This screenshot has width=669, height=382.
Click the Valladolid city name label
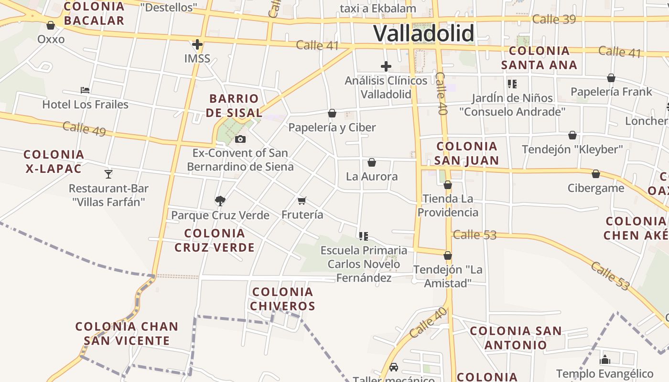pyautogui.click(x=423, y=33)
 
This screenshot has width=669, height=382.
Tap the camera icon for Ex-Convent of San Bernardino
pyautogui.click(x=240, y=139)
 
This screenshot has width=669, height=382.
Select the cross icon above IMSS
pyautogui.click(x=197, y=44)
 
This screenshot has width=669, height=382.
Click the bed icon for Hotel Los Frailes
pyautogui.click(x=85, y=90)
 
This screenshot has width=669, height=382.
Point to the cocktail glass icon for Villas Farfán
pyautogui.click(x=108, y=174)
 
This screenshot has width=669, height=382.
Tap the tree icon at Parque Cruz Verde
pyautogui.click(x=220, y=201)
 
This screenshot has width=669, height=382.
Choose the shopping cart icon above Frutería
pyautogui.click(x=302, y=201)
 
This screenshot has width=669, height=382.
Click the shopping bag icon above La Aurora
pyautogui.click(x=372, y=162)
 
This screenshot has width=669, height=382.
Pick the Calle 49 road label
pyautogui.click(x=84, y=128)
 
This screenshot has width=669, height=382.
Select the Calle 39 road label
pyautogui.click(x=554, y=19)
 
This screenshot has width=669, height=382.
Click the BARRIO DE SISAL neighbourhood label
pyautogui.click(x=236, y=106)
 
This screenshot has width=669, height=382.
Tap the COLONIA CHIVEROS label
pyautogui.click(x=282, y=298)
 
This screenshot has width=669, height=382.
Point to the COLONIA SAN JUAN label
pyautogui.click(x=467, y=153)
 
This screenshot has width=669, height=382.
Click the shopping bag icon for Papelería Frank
pyautogui.click(x=611, y=77)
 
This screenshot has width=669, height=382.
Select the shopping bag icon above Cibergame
pyautogui.click(x=595, y=174)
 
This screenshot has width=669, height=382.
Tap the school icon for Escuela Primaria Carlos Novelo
pyautogui.click(x=364, y=236)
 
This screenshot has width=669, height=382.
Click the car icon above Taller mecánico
pyautogui.click(x=393, y=367)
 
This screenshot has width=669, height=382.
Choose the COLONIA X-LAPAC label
pyautogui.click(x=54, y=161)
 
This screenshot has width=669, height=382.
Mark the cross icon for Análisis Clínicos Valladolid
pyautogui.click(x=386, y=66)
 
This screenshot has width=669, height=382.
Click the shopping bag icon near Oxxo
pyautogui.click(x=51, y=25)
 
